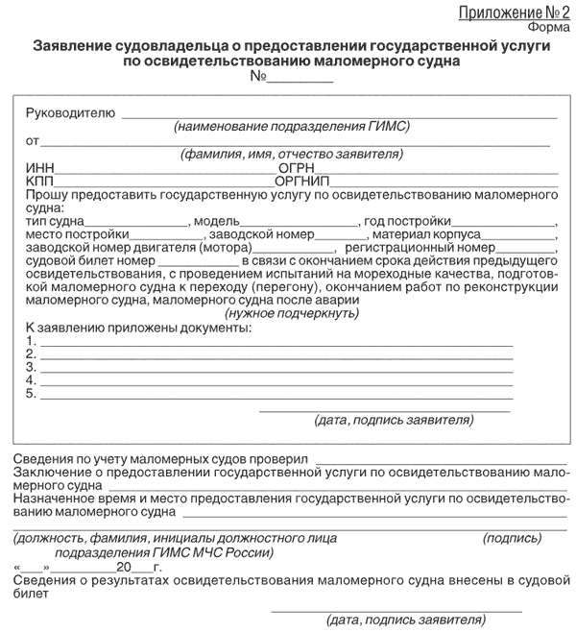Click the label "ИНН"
(41, 168)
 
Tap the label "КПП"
(42, 181)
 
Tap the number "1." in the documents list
(32, 341)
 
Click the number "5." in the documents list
(32, 393)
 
